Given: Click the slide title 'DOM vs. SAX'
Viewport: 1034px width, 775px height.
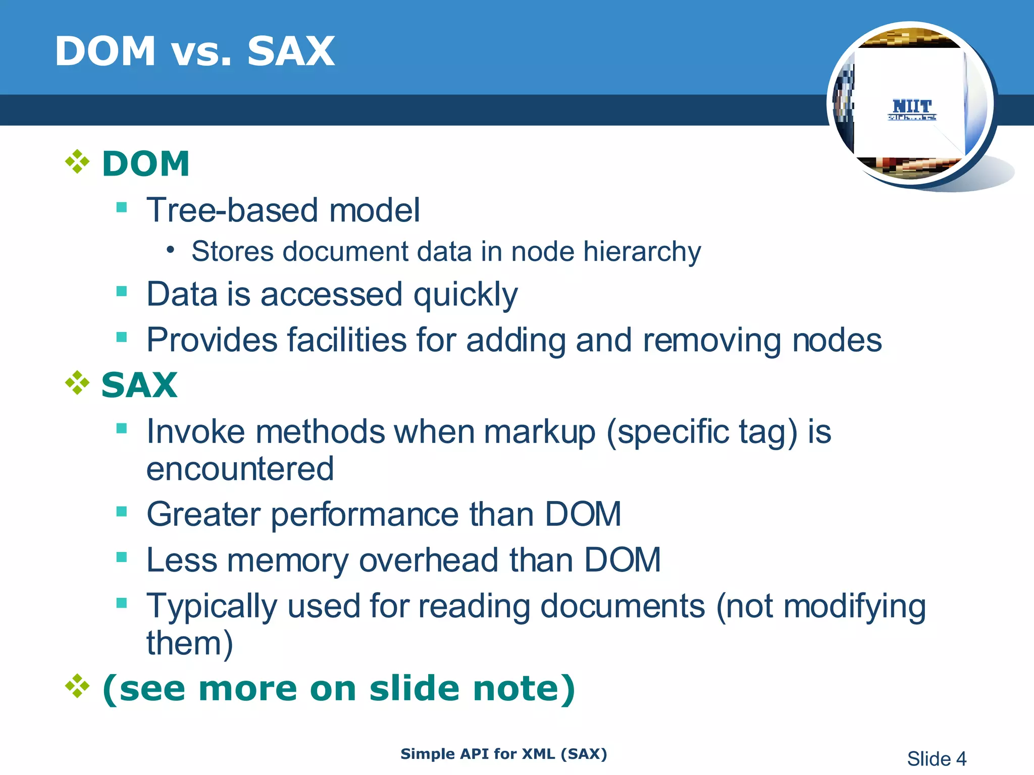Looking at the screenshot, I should tap(194, 51).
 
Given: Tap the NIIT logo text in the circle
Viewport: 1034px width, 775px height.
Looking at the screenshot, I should tap(912, 107).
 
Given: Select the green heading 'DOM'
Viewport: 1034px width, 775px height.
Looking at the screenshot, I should tap(146, 164).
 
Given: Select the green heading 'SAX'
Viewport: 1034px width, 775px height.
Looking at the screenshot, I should tap(139, 385).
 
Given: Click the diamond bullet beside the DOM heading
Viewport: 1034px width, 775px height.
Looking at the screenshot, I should tap(77, 162).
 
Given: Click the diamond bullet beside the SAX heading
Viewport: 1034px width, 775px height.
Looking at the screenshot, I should tap(77, 383).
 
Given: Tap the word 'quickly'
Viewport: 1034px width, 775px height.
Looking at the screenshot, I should tap(466, 295).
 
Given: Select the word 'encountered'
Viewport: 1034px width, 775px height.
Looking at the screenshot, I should tap(240, 469).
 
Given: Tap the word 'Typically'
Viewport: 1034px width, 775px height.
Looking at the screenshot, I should tap(212, 606).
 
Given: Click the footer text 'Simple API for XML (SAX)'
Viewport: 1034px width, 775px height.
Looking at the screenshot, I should tap(503, 754).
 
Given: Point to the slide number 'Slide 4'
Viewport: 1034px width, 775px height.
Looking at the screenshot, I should tap(937, 759).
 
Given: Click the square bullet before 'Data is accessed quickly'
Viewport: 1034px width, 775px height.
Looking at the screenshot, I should tap(122, 291).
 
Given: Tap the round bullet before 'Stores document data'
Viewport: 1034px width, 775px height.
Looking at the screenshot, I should tap(171, 250).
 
